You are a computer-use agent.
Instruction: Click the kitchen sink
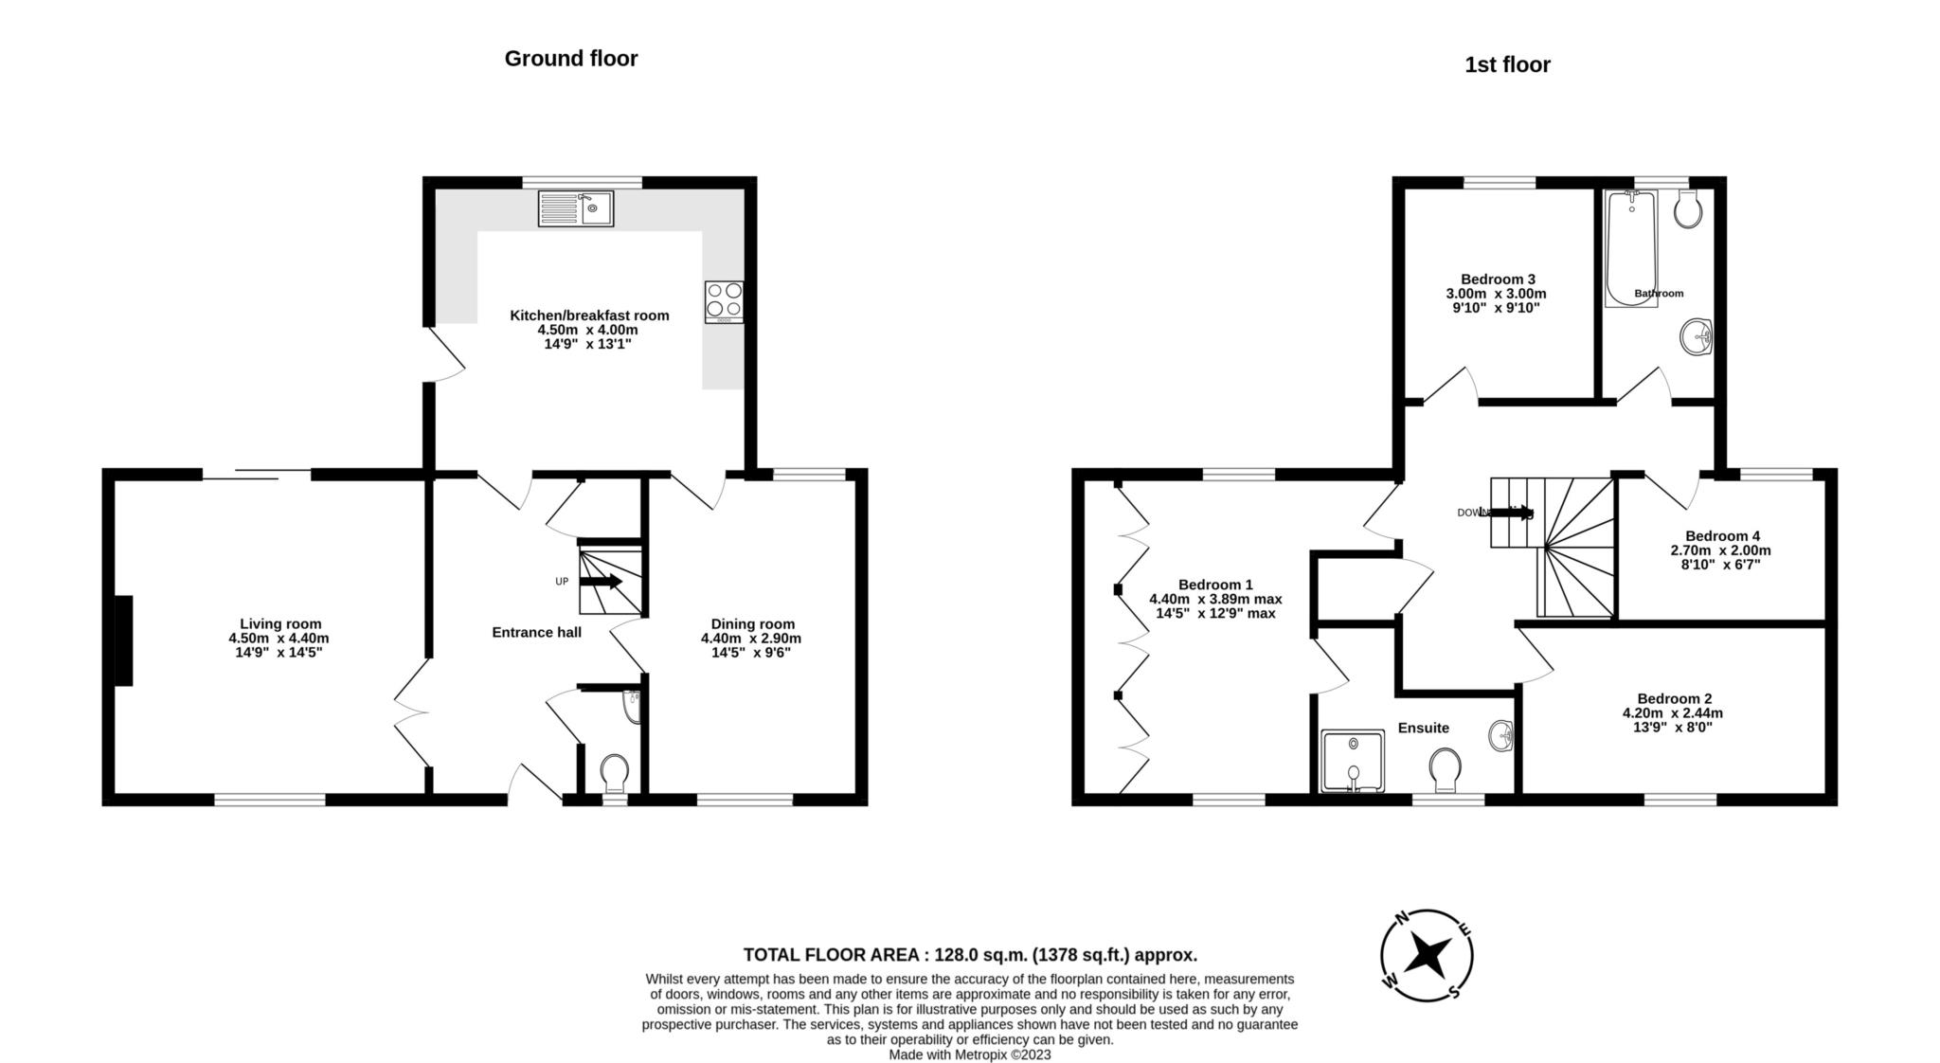click(x=576, y=208)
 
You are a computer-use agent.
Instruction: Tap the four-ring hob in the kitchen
click(x=724, y=302)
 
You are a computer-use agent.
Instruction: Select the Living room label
click(x=280, y=623)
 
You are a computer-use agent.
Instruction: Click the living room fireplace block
click(x=123, y=640)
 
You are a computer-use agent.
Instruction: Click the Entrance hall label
click(x=537, y=632)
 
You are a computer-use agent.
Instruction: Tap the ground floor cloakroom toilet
click(x=615, y=773)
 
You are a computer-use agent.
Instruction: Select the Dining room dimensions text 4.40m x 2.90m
click(x=751, y=639)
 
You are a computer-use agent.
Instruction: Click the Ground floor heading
click(x=571, y=59)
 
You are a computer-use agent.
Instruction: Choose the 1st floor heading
click(x=1507, y=64)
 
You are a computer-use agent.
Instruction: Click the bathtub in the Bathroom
click(x=1630, y=248)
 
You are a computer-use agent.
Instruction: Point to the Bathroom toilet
click(x=1688, y=207)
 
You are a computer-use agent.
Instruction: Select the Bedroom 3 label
click(x=1498, y=279)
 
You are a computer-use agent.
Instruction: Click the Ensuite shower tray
click(x=1353, y=761)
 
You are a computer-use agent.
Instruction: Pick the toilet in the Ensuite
click(x=1446, y=770)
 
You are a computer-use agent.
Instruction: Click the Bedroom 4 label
click(x=1722, y=535)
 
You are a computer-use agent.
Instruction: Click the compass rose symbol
click(x=1426, y=955)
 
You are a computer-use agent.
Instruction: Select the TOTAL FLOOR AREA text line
click(x=970, y=954)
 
